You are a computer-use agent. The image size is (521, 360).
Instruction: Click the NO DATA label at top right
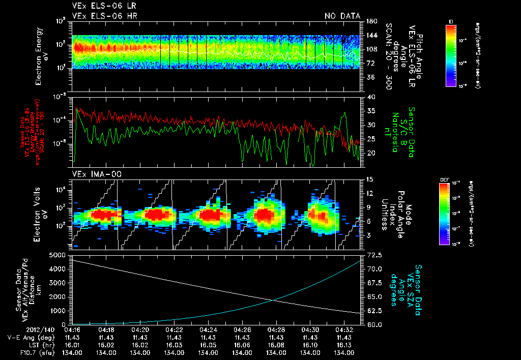click(x=342, y=16)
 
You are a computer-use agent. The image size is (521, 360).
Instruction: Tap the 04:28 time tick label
click(x=276, y=329)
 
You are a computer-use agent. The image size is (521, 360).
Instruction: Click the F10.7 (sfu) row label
click(x=35, y=352)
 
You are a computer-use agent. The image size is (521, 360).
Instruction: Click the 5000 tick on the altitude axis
click(x=59, y=255)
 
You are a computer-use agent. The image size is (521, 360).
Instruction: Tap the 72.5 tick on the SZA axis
click(x=373, y=255)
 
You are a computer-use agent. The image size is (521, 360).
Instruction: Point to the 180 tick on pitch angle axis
click(x=370, y=21)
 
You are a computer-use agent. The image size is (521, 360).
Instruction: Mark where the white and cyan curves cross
click(x=274, y=299)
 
